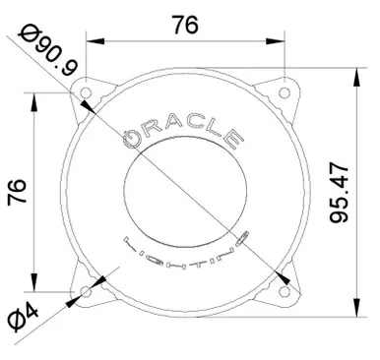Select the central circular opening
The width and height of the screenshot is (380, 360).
[187, 190]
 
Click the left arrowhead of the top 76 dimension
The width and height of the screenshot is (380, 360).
[92, 42]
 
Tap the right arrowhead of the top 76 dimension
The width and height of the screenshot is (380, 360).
[282, 42]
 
